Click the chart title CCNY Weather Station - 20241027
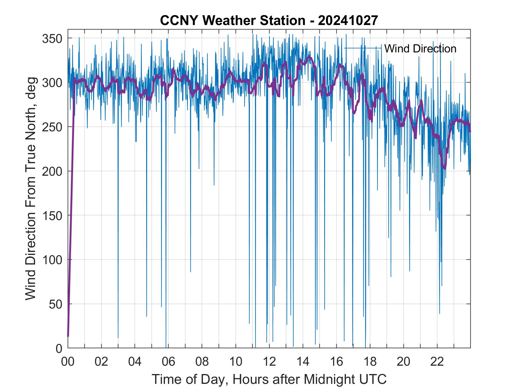point(269,21)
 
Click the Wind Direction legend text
point(420,49)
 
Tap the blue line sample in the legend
point(363,48)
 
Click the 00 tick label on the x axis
point(68,362)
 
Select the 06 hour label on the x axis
point(168,362)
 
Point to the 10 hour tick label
point(236,362)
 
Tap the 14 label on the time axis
point(303,362)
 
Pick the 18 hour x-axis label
point(370,362)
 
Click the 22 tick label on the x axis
point(437,362)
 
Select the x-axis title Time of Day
point(269,379)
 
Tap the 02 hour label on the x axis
point(101,362)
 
